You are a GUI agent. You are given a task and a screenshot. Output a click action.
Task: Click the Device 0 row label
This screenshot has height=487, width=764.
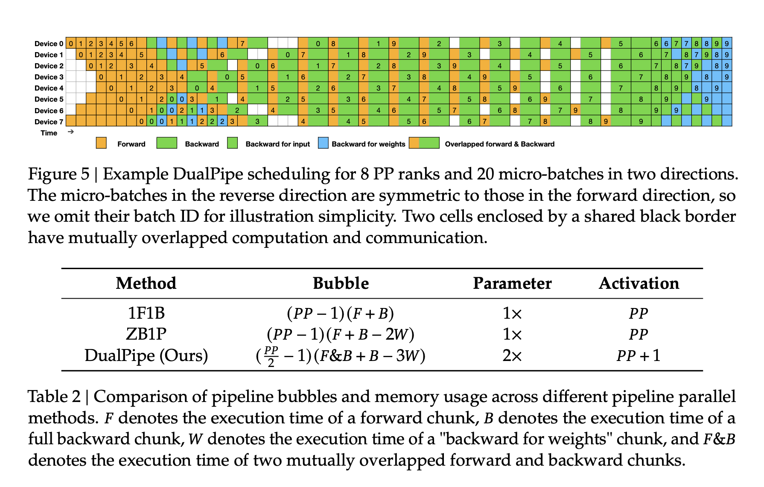point(49,44)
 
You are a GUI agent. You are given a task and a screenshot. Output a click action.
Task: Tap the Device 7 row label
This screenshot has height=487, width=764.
point(49,122)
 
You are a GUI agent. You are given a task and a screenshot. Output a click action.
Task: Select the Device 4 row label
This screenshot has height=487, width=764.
point(49,88)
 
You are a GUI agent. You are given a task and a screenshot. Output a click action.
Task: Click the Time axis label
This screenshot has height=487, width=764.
point(49,133)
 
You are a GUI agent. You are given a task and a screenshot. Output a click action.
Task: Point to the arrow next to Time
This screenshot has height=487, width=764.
point(71,132)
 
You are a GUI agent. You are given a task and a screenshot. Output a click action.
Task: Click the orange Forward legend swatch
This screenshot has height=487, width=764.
point(101,143)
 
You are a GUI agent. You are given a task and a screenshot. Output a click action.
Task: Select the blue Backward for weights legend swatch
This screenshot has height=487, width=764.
point(323,143)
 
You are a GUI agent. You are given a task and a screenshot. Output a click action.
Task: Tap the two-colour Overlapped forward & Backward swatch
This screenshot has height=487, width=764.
point(424,143)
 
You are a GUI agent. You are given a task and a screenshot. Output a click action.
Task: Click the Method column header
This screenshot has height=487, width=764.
point(146,283)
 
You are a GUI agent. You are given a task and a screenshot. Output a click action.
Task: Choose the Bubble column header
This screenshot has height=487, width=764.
point(341,283)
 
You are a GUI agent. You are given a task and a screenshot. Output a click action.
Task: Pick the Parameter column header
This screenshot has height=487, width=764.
point(512,283)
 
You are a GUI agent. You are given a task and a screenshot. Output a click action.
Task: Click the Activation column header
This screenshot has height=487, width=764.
point(639,283)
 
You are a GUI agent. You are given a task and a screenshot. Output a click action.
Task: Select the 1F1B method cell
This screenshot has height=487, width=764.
point(146,313)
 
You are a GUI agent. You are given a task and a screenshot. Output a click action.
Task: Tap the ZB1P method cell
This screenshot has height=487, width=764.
point(146,334)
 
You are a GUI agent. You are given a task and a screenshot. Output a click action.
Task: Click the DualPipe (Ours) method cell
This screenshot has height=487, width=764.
point(146,355)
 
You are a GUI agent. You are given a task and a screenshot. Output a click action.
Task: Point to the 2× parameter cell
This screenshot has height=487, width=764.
point(512,355)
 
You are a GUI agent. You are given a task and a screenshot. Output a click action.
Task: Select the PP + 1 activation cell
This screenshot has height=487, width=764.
point(639,355)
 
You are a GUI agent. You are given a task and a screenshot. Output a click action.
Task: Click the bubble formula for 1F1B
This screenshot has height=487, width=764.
point(340,314)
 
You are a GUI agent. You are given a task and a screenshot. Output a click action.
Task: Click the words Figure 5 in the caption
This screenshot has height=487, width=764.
point(58,174)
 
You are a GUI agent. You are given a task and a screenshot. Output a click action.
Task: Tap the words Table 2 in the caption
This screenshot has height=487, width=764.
point(54,397)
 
